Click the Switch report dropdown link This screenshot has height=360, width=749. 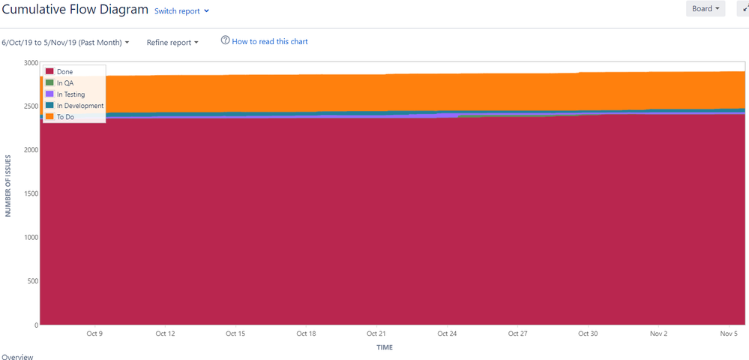[181, 11]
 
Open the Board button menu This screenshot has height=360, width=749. [705, 9]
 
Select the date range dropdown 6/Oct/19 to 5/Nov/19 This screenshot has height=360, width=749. [65, 42]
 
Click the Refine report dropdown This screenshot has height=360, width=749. [172, 43]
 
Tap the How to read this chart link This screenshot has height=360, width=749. [264, 41]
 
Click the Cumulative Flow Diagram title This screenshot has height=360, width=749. [75, 10]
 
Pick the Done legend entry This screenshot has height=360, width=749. [64, 72]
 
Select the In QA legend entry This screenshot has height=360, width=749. [65, 83]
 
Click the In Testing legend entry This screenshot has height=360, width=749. [70, 94]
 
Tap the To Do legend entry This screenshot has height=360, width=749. [65, 117]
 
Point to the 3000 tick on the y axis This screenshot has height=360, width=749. [31, 63]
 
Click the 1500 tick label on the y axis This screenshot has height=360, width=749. [31, 193]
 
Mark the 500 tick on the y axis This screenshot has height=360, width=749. [33, 281]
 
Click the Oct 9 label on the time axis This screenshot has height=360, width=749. [94, 334]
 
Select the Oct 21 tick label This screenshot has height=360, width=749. [376, 334]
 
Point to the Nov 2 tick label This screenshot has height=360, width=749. [658, 334]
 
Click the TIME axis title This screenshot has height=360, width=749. [385, 347]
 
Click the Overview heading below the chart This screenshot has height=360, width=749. [18, 357]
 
